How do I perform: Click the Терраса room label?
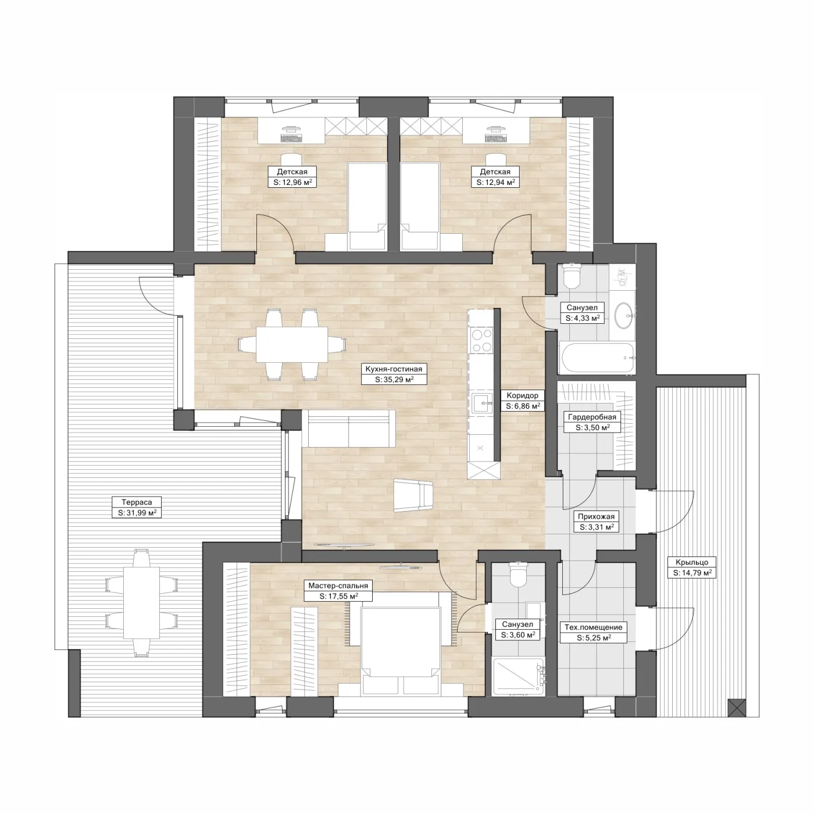[x=137, y=502]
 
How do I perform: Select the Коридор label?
[x=522, y=395]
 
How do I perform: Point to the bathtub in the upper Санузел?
[x=597, y=358]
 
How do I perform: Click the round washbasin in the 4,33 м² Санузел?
[x=624, y=315]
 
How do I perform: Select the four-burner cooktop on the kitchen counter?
[x=481, y=341]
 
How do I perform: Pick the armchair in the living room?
[x=413, y=496]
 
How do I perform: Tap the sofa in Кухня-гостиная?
[x=351, y=429]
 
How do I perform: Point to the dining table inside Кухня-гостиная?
[x=292, y=344]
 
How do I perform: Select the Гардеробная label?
[x=592, y=417]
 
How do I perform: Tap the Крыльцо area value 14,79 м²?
[x=692, y=573]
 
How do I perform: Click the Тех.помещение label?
[x=594, y=627]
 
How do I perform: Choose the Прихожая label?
[x=596, y=516]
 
